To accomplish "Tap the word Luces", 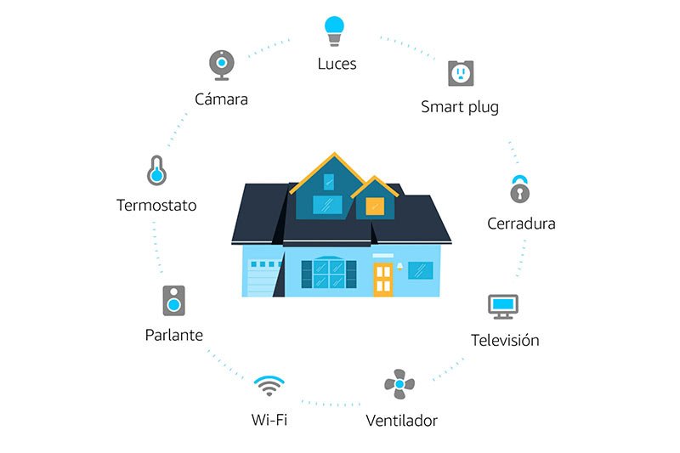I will pyautogui.click(x=337, y=64).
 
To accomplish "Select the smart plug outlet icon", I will pyautogui.click(x=460, y=73).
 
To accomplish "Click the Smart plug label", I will pyautogui.click(x=460, y=107).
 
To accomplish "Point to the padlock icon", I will pyautogui.click(x=519, y=190).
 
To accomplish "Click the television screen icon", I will pyautogui.click(x=502, y=306).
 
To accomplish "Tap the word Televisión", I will pyautogui.click(x=505, y=340).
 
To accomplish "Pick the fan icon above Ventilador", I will pyautogui.click(x=399, y=384).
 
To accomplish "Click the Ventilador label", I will pyautogui.click(x=401, y=420).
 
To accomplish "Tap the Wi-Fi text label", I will pyautogui.click(x=269, y=419).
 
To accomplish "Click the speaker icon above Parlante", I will pyautogui.click(x=174, y=300).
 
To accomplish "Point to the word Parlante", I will pyautogui.click(x=174, y=335).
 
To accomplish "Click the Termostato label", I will pyautogui.click(x=156, y=205).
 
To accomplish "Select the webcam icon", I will pyautogui.click(x=221, y=65).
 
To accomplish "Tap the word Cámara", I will pyautogui.click(x=221, y=99).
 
